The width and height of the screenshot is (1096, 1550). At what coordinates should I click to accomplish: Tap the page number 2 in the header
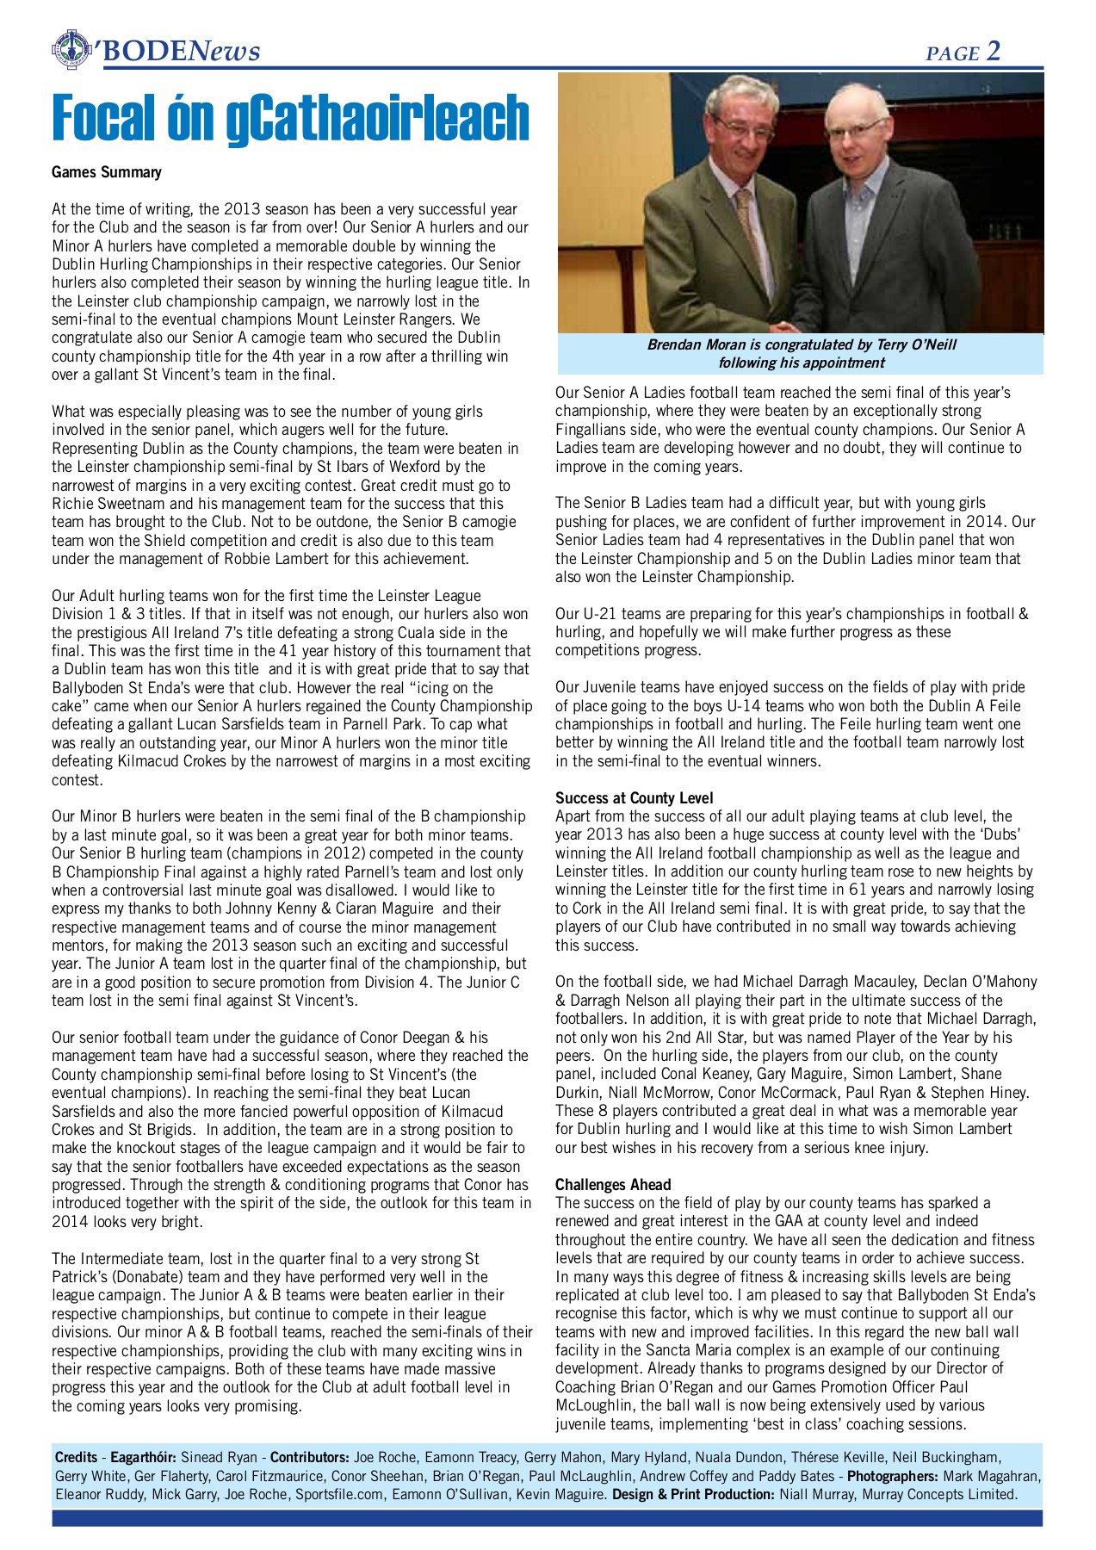[x=994, y=52]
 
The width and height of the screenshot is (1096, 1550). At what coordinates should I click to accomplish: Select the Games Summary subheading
[x=106, y=172]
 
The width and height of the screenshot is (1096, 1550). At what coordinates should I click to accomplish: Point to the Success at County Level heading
[x=634, y=798]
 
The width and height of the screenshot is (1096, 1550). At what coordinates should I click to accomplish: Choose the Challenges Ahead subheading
[x=612, y=1185]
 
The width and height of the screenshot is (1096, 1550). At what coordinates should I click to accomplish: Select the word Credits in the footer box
[x=76, y=1457]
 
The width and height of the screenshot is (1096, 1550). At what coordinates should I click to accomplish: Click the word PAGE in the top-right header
[x=952, y=54]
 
